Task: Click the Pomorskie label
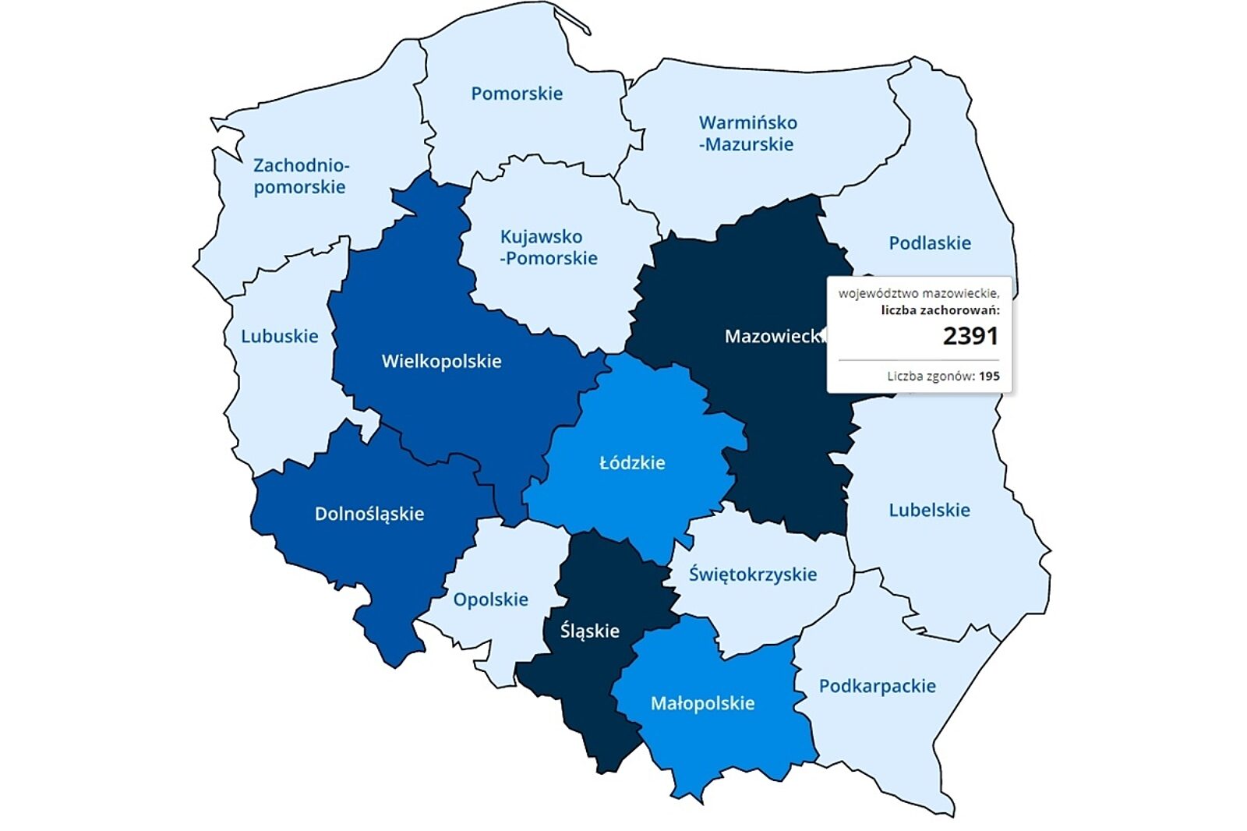[x=516, y=94]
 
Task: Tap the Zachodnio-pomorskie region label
[x=300, y=176]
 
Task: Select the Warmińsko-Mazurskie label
[x=747, y=133]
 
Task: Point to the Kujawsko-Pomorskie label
[x=549, y=247]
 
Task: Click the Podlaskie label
[x=929, y=243]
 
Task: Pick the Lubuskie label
[x=279, y=336]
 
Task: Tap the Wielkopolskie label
[x=441, y=361]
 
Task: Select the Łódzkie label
[x=632, y=462]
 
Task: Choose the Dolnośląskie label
[x=369, y=514]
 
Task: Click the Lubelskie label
[x=929, y=510]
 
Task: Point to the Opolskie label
[x=490, y=599]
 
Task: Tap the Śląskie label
[x=589, y=631]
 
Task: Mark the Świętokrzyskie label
[x=752, y=575]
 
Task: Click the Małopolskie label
[x=702, y=703]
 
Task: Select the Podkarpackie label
[x=877, y=686]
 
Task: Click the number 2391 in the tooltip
[x=970, y=336]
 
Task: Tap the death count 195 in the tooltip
[x=989, y=376]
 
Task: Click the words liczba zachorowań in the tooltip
[x=940, y=310]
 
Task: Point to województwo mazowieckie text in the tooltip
[x=918, y=293]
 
